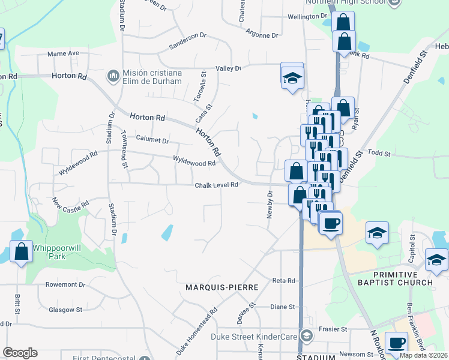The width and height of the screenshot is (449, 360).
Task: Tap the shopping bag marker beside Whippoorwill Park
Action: click(x=21, y=252)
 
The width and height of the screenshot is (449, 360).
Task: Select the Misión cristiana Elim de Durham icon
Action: click(x=112, y=76)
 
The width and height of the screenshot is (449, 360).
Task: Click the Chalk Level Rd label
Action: click(x=217, y=185)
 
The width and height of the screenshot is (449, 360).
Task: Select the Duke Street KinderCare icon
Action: click(x=307, y=337)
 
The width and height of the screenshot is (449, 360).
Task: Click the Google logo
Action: click(x=20, y=353)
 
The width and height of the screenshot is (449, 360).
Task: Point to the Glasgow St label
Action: click(x=65, y=310)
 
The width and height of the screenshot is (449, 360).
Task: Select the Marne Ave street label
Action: click(x=64, y=53)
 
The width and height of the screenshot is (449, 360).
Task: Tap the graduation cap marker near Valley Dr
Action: click(x=292, y=79)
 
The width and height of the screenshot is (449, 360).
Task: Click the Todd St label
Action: click(x=379, y=154)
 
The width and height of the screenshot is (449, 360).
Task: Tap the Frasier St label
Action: click(x=336, y=329)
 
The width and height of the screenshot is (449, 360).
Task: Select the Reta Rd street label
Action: click(x=284, y=280)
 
